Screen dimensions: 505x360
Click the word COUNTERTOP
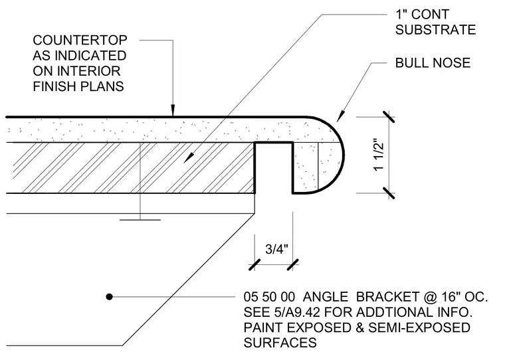[x=80, y=41]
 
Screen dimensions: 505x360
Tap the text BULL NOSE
[x=433, y=63]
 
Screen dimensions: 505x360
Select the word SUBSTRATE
[x=435, y=30]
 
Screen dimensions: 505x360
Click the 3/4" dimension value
[x=276, y=249]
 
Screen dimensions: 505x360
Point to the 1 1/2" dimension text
[x=379, y=155]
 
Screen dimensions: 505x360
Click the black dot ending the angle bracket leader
[x=109, y=296]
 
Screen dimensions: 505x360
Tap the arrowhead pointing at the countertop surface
[x=173, y=110]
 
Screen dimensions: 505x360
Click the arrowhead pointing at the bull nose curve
[x=340, y=116]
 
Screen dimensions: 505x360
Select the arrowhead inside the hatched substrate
[x=189, y=158]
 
